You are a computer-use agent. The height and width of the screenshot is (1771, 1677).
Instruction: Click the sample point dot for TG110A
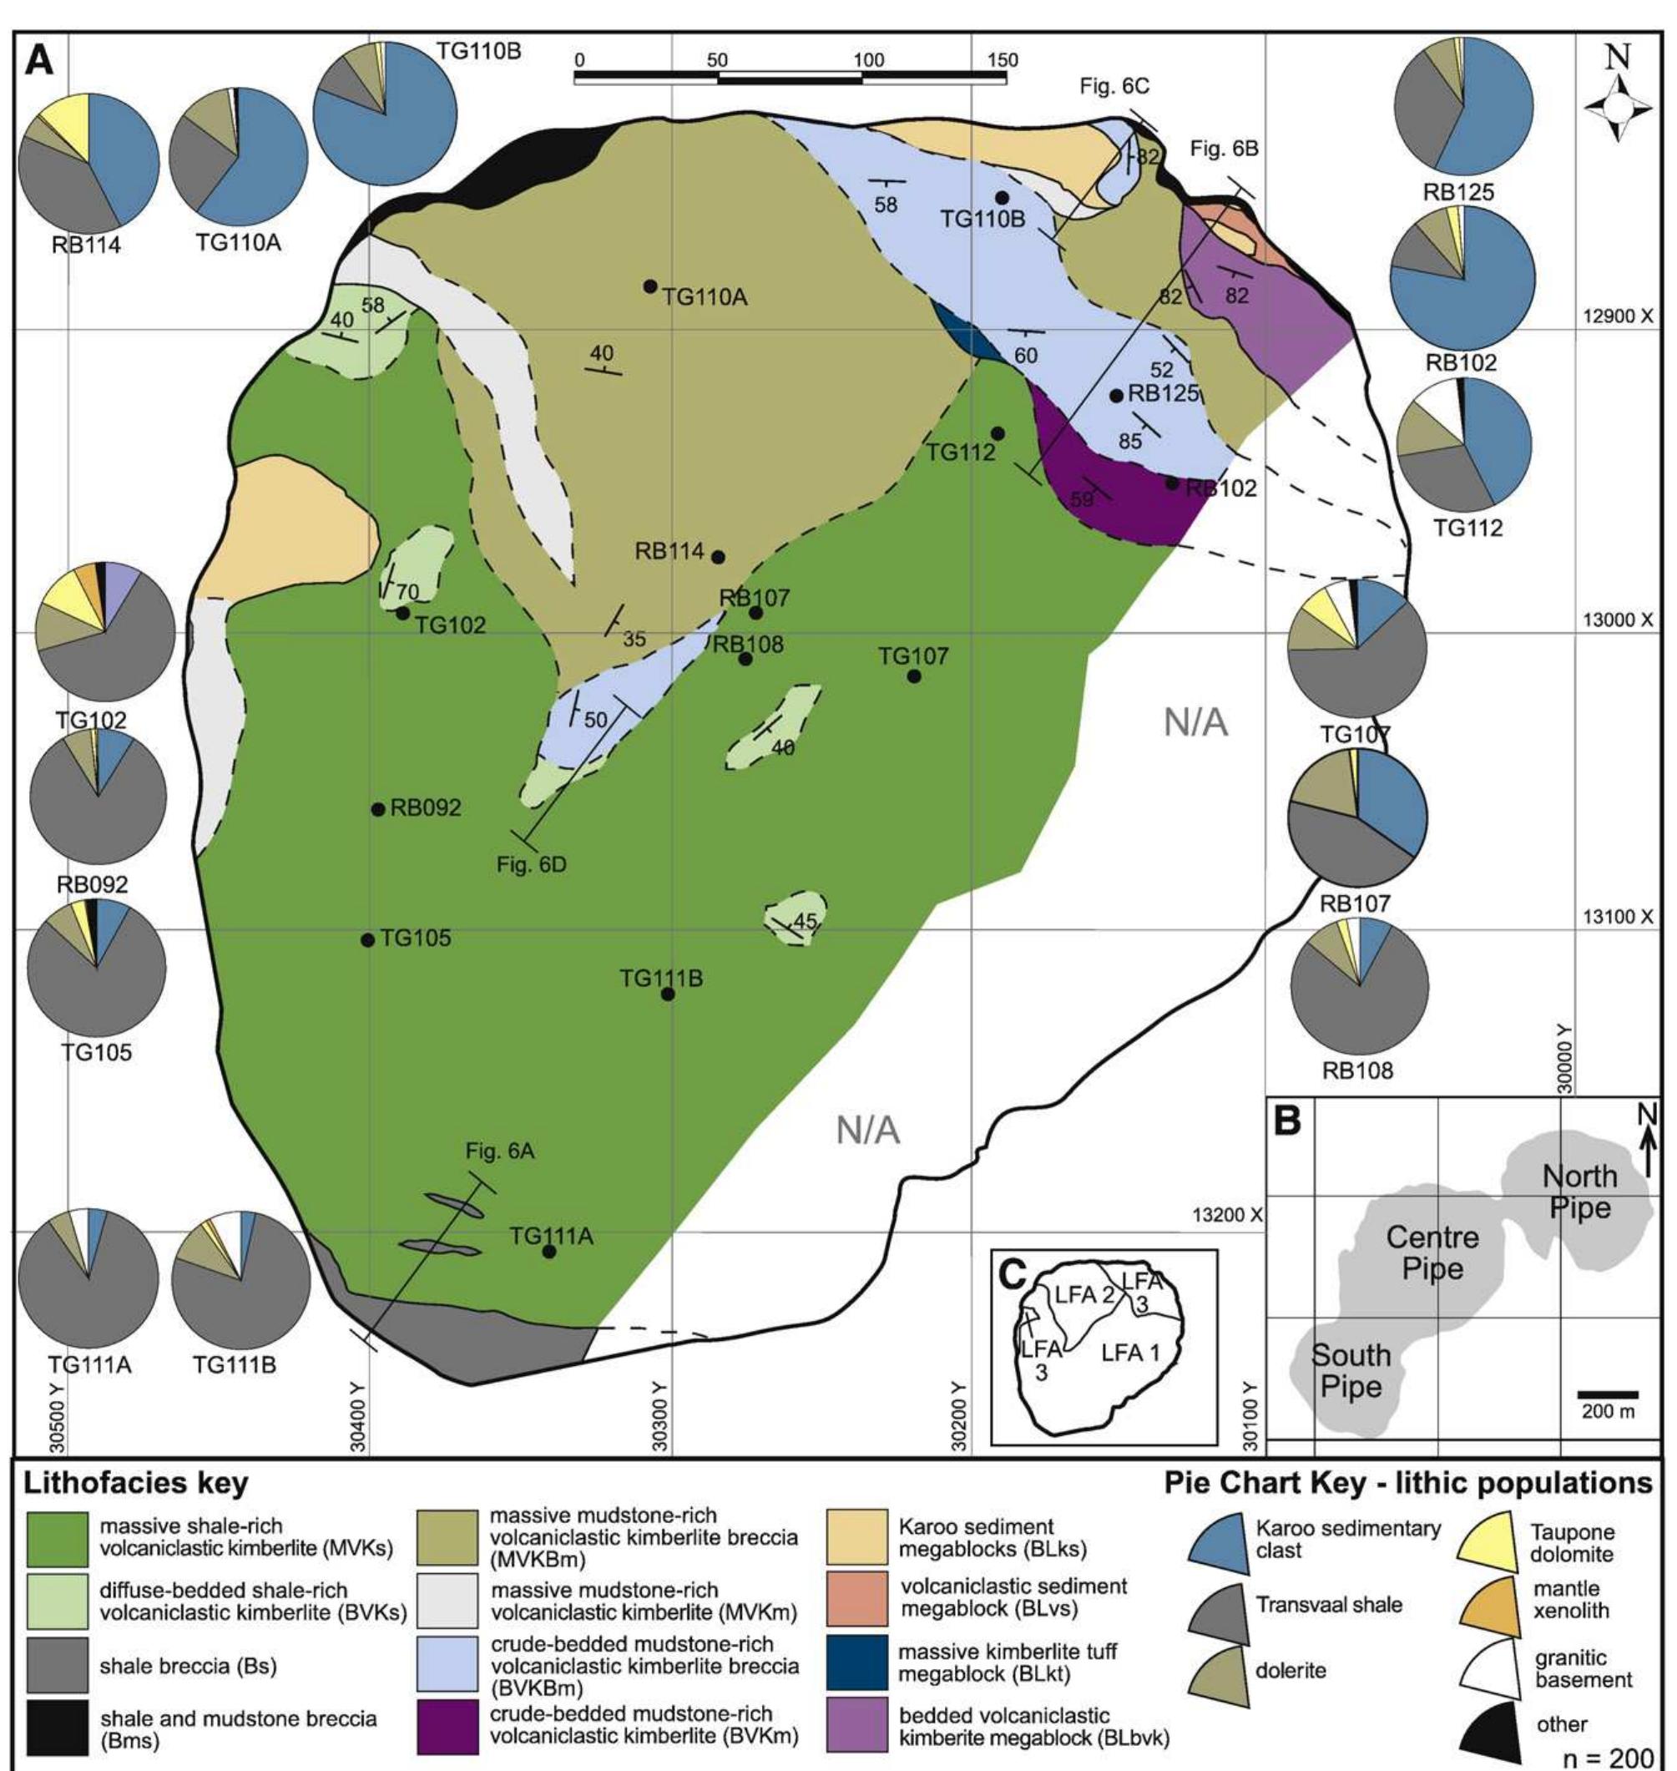(650, 286)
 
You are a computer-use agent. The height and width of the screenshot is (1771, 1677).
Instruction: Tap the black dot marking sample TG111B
(668, 994)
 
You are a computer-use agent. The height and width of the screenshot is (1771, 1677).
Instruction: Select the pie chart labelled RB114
(88, 160)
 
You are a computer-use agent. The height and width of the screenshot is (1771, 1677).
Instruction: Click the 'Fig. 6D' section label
(531, 864)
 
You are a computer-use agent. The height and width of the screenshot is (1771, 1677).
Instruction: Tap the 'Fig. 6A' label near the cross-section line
(500, 1151)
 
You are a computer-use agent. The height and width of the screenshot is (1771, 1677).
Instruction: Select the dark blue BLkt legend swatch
(857, 1662)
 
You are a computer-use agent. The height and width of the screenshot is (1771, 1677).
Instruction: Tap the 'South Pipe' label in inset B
(1351, 1370)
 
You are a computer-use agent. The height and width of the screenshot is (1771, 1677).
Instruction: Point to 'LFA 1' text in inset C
(1130, 1353)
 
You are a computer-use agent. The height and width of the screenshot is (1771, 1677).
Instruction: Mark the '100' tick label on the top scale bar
(868, 60)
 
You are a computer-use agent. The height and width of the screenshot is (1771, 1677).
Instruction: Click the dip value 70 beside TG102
(407, 592)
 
